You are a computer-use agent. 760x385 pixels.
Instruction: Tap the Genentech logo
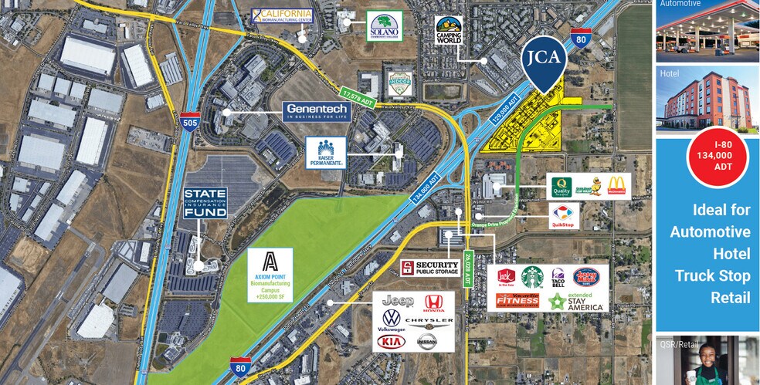(x=317, y=112)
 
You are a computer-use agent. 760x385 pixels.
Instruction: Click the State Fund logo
(x=205, y=203)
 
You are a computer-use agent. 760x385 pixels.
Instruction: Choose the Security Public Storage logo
(x=429, y=268)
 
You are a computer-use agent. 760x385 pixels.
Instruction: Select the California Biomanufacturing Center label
(x=283, y=18)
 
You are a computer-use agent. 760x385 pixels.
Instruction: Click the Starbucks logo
(x=531, y=277)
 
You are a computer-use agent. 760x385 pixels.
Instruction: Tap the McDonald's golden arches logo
(x=616, y=185)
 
